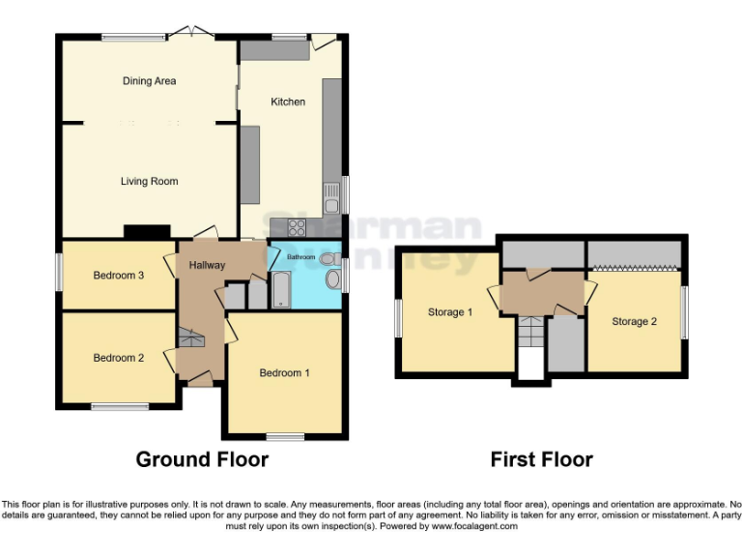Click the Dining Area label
pyautogui.click(x=149, y=81)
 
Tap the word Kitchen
pyautogui.click(x=287, y=102)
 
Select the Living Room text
pyautogui.click(x=149, y=181)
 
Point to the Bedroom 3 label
pyautogui.click(x=118, y=276)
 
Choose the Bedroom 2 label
pyautogui.click(x=118, y=358)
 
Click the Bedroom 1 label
pyautogui.click(x=285, y=373)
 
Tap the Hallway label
pyautogui.click(x=207, y=266)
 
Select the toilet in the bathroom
pyautogui.click(x=332, y=279)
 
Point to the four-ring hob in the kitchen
pyautogui.click(x=296, y=228)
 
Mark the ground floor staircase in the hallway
pyautogui.click(x=190, y=339)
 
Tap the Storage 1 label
pyautogui.click(x=449, y=312)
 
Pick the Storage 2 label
pyautogui.click(x=634, y=321)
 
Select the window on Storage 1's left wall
pyautogui.click(x=397, y=319)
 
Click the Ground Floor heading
pyautogui.click(x=201, y=458)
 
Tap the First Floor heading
pyautogui.click(x=541, y=459)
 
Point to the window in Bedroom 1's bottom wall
pyautogui.click(x=285, y=436)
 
